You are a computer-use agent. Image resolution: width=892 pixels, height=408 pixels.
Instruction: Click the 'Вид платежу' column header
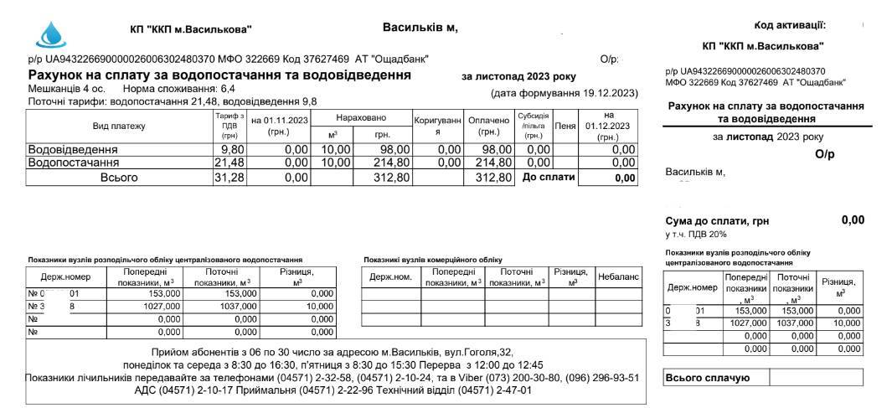coord(118,127)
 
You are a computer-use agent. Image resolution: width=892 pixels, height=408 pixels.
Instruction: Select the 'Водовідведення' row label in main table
coord(74,149)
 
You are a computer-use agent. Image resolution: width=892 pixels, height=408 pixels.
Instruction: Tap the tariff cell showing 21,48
coord(229,163)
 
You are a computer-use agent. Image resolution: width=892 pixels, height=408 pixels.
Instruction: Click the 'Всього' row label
coord(118,178)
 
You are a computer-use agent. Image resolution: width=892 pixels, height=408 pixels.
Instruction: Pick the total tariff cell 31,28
coord(229,178)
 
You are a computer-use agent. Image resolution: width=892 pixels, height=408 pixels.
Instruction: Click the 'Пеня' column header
coord(565,126)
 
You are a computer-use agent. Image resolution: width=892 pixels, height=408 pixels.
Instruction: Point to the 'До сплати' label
coord(549,177)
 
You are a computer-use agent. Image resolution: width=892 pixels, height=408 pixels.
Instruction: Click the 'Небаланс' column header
coord(618,276)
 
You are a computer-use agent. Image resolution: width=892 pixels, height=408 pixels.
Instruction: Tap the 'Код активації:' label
coord(789,25)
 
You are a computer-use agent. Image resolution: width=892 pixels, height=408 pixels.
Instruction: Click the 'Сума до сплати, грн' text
coord(716,221)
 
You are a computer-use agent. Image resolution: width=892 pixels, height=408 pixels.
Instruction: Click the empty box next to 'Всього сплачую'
coord(815,379)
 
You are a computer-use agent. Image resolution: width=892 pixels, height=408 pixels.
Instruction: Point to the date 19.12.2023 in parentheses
coord(608,92)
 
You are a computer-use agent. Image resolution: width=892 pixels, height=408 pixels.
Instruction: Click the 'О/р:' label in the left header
coord(609,59)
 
